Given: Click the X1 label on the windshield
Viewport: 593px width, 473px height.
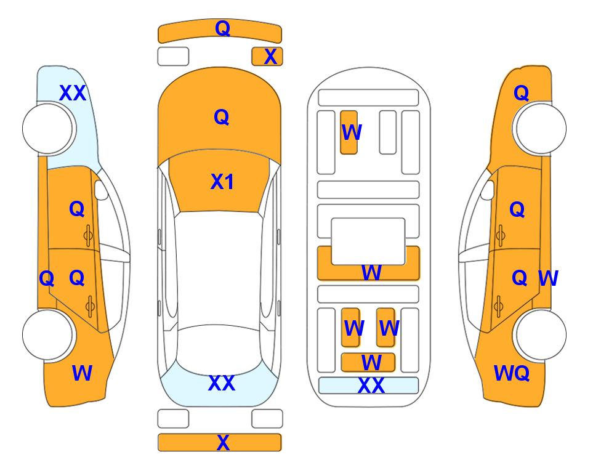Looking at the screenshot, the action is click(222, 182).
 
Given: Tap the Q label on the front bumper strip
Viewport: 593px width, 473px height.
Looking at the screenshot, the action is click(222, 28).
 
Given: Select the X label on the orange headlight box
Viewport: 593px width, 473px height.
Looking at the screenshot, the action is click(270, 57).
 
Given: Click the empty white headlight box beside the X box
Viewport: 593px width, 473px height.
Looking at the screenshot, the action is click(173, 57).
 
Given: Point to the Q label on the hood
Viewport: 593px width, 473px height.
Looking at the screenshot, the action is click(221, 117).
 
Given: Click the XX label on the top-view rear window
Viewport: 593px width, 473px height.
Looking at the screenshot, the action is click(222, 383).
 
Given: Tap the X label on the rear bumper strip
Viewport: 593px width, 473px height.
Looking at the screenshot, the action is click(223, 442).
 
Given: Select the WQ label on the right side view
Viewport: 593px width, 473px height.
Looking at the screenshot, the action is click(511, 373).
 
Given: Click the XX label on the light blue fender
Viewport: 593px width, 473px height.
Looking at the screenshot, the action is click(73, 93).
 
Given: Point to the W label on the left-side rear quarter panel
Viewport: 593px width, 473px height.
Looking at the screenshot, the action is click(82, 373).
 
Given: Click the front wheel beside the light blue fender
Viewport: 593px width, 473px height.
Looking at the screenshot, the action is click(48, 129).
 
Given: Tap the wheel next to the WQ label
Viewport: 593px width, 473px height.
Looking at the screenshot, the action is click(540, 334).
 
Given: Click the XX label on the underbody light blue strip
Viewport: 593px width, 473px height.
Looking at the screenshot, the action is click(371, 386).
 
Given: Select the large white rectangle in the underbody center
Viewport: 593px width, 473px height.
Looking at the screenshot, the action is click(368, 241).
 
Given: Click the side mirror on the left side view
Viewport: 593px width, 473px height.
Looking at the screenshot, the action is click(101, 190).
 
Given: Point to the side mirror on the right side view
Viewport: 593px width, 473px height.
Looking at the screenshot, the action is click(487, 190).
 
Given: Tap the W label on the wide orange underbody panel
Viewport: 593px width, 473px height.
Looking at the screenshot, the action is click(371, 272).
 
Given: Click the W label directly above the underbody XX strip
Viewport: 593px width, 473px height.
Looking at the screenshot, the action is click(371, 363).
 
